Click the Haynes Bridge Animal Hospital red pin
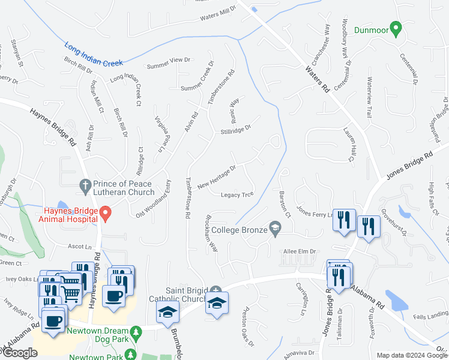pos(106,212)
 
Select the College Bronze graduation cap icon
pos(275,227)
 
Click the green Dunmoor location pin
pos(396,28)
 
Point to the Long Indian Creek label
pos(93,53)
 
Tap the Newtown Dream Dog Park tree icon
pos(137,331)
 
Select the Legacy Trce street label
pos(238,195)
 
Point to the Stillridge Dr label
pos(235,128)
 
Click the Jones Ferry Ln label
pos(315,214)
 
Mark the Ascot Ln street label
pos(80,246)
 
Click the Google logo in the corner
pos(20,352)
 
